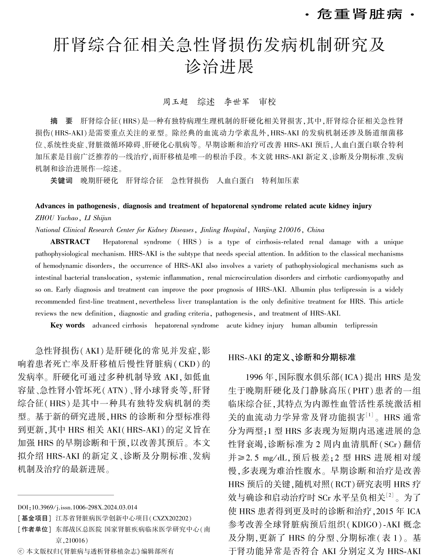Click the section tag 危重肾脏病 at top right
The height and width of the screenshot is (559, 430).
click(360, 15)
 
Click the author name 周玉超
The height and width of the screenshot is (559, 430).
click(175, 102)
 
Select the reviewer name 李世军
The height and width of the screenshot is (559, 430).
click(237, 102)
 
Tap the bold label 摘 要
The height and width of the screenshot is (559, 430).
click(61, 121)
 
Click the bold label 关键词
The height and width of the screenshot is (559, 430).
click(61, 181)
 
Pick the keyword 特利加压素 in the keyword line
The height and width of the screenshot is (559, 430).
click(280, 181)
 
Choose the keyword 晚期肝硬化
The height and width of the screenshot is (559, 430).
click(99, 181)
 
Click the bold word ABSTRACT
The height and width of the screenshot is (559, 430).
click(70, 242)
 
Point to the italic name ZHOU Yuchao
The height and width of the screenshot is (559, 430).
click(56, 218)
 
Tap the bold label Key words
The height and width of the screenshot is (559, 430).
click(68, 325)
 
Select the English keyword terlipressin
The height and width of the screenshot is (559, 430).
click(361, 325)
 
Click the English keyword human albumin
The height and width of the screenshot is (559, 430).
click(314, 325)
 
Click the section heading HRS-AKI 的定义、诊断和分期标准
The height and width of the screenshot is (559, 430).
click(292, 358)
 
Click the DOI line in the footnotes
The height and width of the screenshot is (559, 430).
click(77, 507)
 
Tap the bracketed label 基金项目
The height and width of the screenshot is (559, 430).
click(34, 518)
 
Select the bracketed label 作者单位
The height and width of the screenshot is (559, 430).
click(34, 529)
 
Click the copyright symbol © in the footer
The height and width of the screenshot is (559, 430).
click(21, 551)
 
